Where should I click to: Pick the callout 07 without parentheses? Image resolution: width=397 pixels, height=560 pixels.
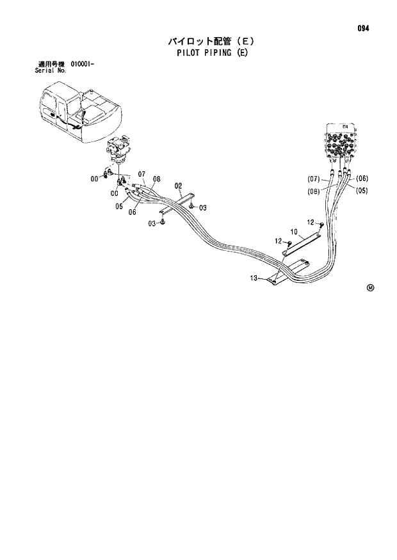click(x=142, y=174)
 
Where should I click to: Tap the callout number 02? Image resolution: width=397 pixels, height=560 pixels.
click(x=179, y=188)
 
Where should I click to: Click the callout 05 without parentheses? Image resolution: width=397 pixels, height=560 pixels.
click(x=119, y=206)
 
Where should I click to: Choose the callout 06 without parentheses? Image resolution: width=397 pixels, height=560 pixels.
click(x=132, y=212)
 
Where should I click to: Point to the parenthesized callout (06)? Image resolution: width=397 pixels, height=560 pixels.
click(x=361, y=179)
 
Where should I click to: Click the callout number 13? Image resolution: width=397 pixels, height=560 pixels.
click(x=254, y=278)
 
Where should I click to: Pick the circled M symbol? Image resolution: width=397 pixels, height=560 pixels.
click(x=370, y=287)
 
